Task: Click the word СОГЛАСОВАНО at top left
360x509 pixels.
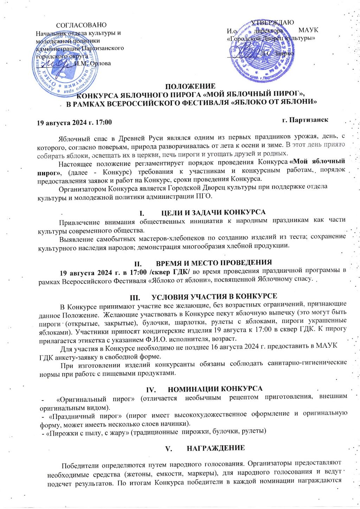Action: click(81, 25)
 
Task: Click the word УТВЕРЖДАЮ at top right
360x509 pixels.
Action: click(272, 22)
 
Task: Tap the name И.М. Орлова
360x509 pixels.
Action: click(93, 64)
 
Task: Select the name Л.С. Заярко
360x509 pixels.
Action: click(277, 54)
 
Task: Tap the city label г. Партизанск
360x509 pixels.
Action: click(305, 120)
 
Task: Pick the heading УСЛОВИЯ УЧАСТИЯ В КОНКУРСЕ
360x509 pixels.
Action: click(214, 296)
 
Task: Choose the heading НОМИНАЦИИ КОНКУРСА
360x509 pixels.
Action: click(215, 389)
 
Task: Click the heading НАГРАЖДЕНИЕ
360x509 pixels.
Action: click(216, 448)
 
